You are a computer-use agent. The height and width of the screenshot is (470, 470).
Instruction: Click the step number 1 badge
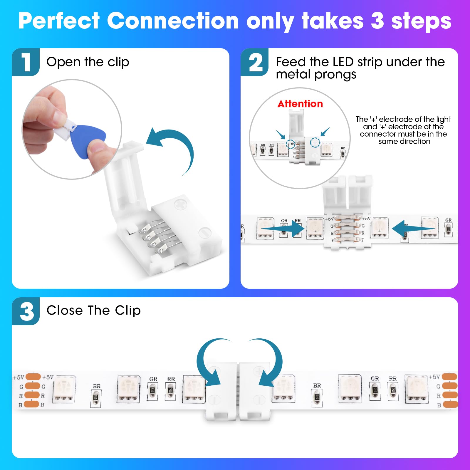tap(26, 62)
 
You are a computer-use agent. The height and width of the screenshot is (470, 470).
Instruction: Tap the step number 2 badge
tap(255, 62)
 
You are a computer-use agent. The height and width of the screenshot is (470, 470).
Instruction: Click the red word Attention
tap(300, 104)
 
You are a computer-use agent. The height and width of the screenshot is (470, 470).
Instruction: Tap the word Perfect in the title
tap(59, 21)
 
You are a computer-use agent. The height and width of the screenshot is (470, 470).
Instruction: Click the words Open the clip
tap(88, 62)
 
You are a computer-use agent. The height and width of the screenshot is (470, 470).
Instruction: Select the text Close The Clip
tap(93, 310)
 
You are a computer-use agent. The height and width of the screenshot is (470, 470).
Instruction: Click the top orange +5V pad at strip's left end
tap(33, 377)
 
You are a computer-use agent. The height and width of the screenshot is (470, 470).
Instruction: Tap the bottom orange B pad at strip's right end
tap(450, 404)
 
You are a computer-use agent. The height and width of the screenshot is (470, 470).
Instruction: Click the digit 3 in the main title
tap(377, 21)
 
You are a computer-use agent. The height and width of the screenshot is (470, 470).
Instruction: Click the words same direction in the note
tap(404, 142)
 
